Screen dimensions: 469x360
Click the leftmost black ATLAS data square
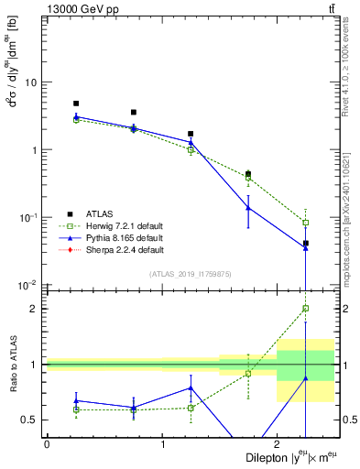tap(76, 104)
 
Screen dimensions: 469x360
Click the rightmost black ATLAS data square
tap(305, 244)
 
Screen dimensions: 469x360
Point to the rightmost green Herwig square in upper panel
tap(305, 223)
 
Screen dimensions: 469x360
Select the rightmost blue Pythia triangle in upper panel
tap(305, 247)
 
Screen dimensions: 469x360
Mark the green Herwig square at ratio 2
tap(305, 309)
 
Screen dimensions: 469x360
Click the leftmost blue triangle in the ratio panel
tap(76, 400)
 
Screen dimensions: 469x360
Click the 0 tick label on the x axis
tap(47, 443)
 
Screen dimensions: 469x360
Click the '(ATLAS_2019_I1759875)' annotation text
tap(190, 274)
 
